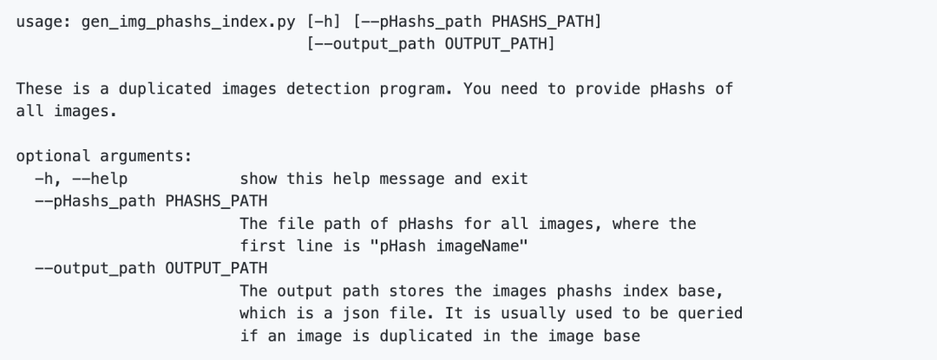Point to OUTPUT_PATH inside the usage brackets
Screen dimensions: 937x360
500,43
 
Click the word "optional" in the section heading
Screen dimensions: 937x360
52,156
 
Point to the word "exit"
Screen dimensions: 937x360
509,179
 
